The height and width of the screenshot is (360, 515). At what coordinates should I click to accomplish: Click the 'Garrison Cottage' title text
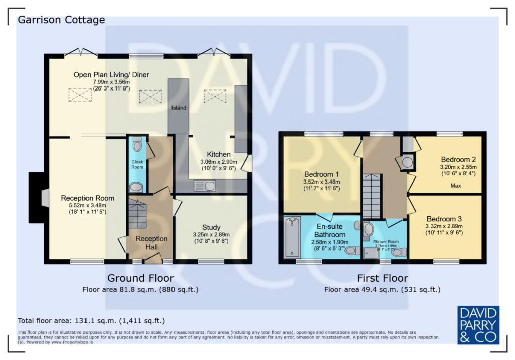click(61, 20)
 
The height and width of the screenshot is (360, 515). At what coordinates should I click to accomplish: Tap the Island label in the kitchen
click(179, 108)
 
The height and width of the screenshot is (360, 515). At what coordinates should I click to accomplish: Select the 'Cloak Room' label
click(137, 164)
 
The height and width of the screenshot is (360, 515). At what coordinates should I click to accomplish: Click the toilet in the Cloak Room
click(137, 145)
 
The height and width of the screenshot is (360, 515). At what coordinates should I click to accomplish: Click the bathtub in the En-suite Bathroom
click(292, 236)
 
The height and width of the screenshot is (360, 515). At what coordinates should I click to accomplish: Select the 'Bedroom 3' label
click(444, 219)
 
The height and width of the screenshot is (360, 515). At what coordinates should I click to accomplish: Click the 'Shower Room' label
click(386, 242)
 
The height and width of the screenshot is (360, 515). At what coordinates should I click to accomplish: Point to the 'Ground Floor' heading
click(140, 278)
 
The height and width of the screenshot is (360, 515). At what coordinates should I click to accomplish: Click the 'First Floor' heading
click(382, 278)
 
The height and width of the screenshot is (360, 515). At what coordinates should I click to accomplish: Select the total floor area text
click(91, 320)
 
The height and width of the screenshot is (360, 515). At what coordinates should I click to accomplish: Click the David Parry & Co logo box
click(478, 324)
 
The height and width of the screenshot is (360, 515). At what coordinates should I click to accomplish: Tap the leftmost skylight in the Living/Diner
click(77, 94)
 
